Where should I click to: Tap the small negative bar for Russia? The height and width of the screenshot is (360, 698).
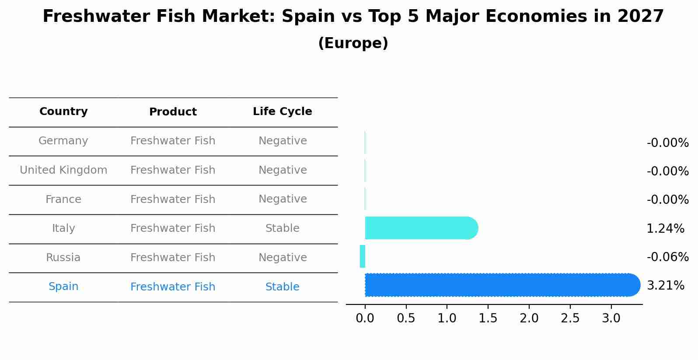pyautogui.click(x=363, y=256)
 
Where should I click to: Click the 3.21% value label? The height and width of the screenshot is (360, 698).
pyautogui.click(x=665, y=286)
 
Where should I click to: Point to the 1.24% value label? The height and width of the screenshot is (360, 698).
pyautogui.click(x=665, y=228)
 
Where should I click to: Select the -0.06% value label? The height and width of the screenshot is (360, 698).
pyautogui.click(x=667, y=257)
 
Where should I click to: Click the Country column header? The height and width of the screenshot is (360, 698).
pyautogui.click(x=63, y=112)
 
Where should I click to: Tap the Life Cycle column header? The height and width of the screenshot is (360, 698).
pyautogui.click(x=283, y=112)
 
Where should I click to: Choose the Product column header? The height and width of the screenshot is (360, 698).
pyautogui.click(x=173, y=112)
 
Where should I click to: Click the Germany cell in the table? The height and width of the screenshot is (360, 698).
pyautogui.click(x=63, y=141)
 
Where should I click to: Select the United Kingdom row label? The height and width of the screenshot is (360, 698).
pyautogui.click(x=63, y=170)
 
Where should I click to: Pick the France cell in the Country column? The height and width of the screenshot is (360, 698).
pyautogui.click(x=63, y=199)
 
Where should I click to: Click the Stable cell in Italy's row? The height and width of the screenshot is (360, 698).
pyautogui.click(x=283, y=228)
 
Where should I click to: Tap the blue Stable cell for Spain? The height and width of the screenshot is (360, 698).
pyautogui.click(x=283, y=287)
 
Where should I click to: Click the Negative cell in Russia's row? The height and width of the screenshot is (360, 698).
pyautogui.click(x=283, y=258)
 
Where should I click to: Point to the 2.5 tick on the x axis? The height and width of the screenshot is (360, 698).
pyautogui.click(x=570, y=318)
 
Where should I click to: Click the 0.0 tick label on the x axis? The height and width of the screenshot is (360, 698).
pyautogui.click(x=365, y=318)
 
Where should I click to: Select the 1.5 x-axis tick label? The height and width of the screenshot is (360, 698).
pyautogui.click(x=488, y=318)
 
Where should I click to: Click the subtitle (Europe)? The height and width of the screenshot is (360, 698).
pyautogui.click(x=353, y=43)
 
